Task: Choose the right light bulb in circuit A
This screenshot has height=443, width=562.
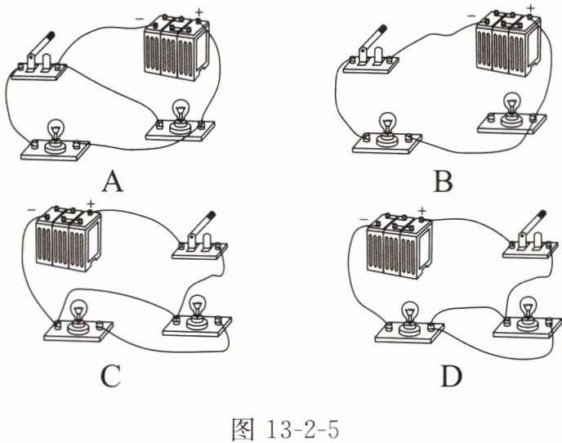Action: (181, 111)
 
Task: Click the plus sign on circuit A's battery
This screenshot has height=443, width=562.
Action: (198, 11)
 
